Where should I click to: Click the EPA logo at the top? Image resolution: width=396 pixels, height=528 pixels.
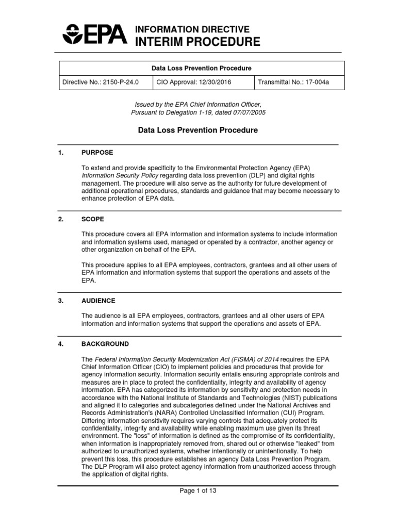click(x=94, y=35)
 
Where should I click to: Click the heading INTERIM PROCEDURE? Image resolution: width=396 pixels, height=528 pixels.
click(x=197, y=42)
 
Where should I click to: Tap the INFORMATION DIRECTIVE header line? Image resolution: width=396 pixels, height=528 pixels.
click(x=192, y=29)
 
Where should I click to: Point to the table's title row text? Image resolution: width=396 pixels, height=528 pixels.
click(x=201, y=68)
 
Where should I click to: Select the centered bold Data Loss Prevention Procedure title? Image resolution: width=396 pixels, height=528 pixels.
click(x=198, y=130)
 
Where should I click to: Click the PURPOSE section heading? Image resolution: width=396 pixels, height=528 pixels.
click(x=97, y=153)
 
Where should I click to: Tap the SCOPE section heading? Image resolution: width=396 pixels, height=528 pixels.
click(x=93, y=219)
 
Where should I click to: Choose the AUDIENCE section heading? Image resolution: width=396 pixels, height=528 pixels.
click(x=98, y=301)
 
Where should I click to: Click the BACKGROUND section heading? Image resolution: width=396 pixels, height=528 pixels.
click(x=105, y=344)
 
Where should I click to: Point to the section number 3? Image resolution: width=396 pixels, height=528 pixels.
click(x=61, y=301)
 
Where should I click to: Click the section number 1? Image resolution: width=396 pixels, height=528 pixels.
click(x=61, y=153)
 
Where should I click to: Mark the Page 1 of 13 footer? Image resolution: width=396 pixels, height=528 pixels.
click(x=198, y=491)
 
